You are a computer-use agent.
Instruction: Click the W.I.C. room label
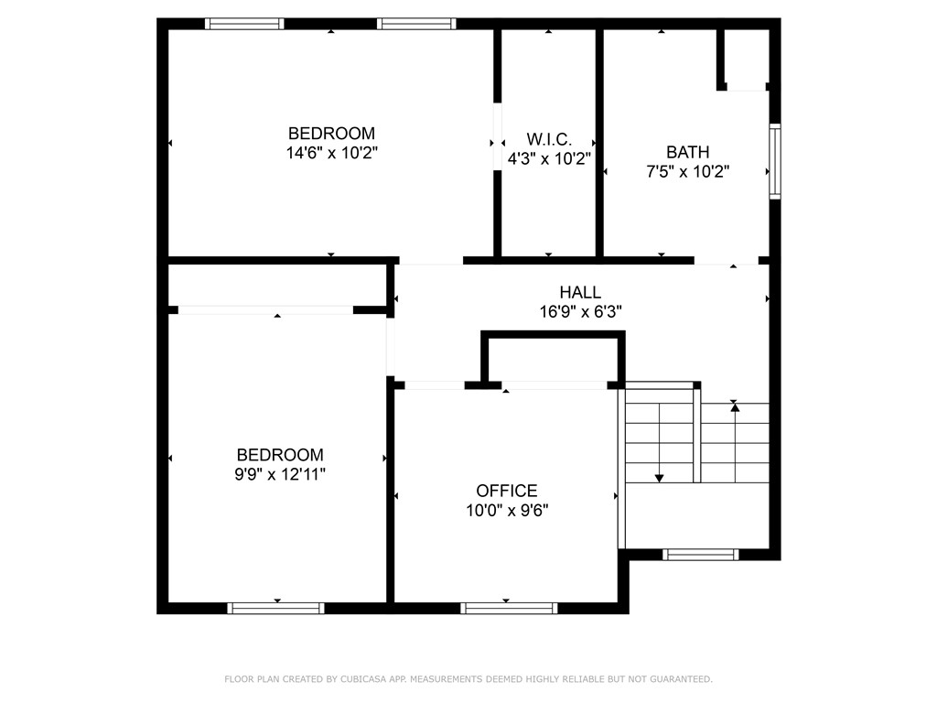(549, 139)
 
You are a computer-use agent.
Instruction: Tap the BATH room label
(687, 152)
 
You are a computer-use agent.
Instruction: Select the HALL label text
(580, 292)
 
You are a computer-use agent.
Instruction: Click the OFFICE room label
(506, 492)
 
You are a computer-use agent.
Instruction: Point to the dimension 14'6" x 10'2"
(331, 153)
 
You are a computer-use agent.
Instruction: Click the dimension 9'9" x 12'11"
(280, 474)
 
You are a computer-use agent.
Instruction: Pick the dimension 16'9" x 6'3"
(580, 311)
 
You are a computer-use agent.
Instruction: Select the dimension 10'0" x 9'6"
(506, 511)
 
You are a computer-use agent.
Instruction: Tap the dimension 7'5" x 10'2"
(687, 171)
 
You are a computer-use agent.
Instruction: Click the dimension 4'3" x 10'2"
(549, 157)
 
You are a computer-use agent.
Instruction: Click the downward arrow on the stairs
(659, 477)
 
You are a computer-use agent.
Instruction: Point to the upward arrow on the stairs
(734, 406)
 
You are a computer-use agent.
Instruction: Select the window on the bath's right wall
(774, 162)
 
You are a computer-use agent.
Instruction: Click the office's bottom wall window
(509, 608)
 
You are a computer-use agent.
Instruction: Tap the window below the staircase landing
(700, 554)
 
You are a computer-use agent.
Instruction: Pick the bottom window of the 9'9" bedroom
(275, 608)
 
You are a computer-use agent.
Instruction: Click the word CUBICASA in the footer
(363, 679)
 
